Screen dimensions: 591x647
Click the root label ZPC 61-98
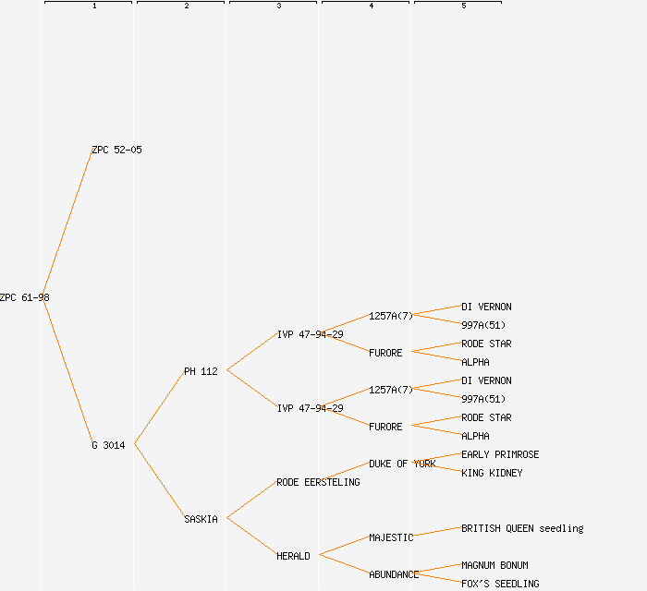pos(25,297)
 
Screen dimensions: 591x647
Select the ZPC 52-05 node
pos(116,150)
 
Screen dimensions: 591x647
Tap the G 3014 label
pos(108,445)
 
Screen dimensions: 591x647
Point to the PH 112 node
pos(201,371)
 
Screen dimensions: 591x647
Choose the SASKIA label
pos(201,519)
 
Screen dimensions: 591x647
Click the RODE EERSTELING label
pos(318,482)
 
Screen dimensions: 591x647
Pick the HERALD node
pos(293,556)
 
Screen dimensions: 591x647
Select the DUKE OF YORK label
pos(402,464)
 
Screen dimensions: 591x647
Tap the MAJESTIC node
pos(391,537)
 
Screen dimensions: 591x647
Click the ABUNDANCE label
pos(394,574)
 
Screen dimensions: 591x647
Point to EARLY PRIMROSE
pos(500,454)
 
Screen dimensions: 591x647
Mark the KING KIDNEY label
pos(492,473)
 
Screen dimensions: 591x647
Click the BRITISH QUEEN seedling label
pos(522,528)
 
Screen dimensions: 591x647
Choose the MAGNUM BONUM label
pos(494,565)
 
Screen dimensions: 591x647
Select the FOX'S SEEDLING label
pos(500,584)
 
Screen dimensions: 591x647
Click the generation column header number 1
pos(94,6)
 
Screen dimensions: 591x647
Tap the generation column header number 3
pos(279,6)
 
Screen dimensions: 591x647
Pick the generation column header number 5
pos(464,6)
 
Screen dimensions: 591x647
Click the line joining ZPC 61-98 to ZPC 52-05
pos(67,223)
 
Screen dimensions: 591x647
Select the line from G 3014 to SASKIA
pos(159,482)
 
